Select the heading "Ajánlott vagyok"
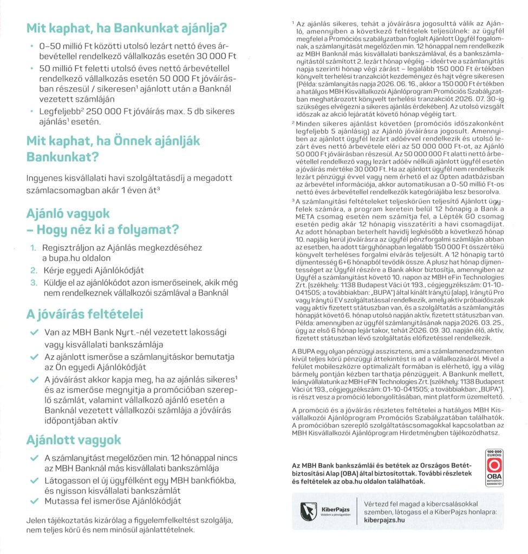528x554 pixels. [x=74, y=440]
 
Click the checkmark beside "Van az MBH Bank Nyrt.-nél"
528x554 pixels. [x=34, y=333]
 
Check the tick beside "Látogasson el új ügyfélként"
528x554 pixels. [x=34, y=480]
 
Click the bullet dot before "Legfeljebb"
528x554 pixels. [x=33, y=112]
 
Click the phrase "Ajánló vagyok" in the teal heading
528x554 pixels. [x=68, y=213]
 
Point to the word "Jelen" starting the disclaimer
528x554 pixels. [x=36, y=520]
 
